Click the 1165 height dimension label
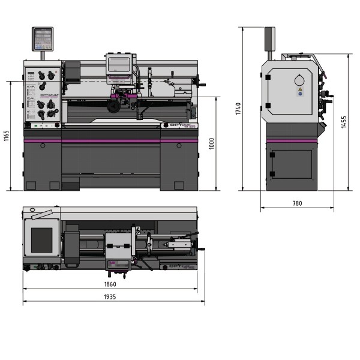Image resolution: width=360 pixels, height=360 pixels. (7, 136)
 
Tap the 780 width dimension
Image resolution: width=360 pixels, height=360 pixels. (297, 203)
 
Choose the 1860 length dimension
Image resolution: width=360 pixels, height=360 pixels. (110, 283)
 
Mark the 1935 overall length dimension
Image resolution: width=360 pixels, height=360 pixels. (110, 296)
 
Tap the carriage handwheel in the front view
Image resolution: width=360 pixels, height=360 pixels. (112, 106)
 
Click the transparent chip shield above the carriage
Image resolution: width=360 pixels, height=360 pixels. (119, 65)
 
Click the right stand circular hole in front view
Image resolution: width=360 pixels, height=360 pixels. (180, 146)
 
